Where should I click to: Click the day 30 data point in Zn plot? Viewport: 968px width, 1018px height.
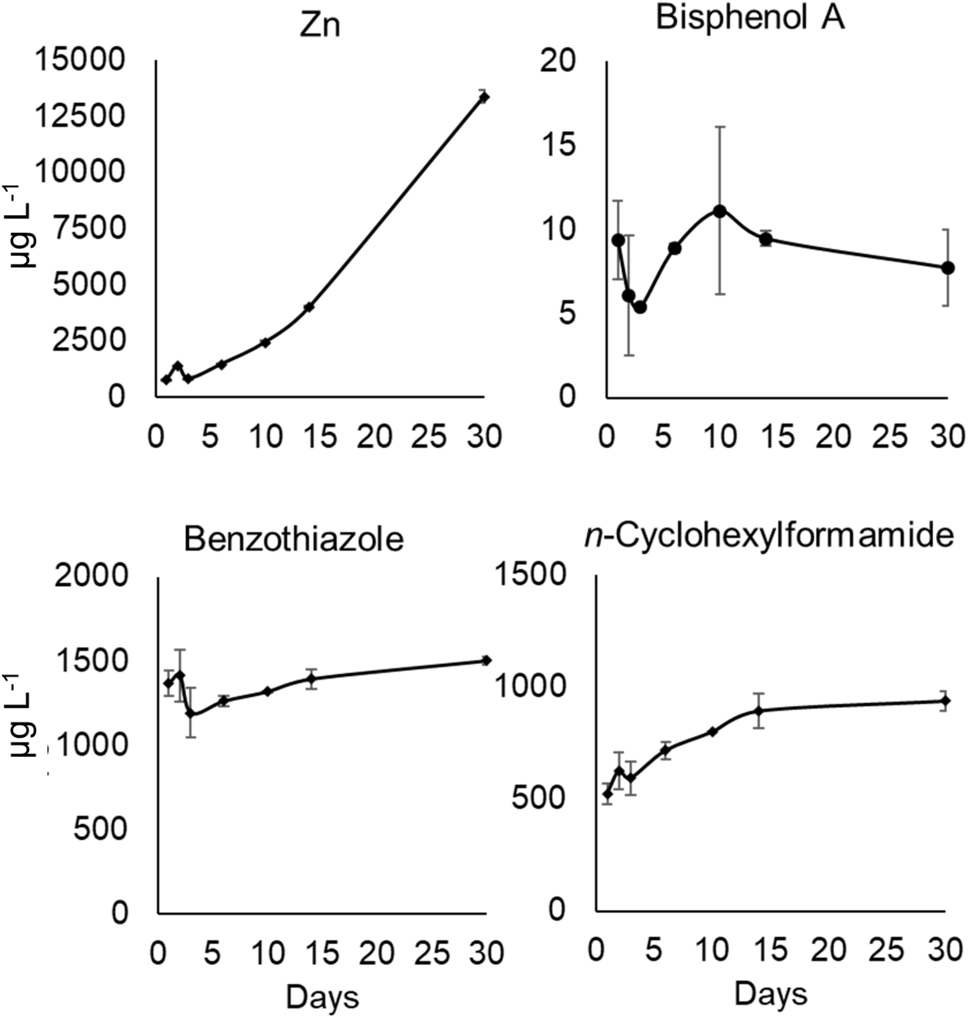pos(484,97)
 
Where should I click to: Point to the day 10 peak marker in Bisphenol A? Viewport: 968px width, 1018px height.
pos(720,211)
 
